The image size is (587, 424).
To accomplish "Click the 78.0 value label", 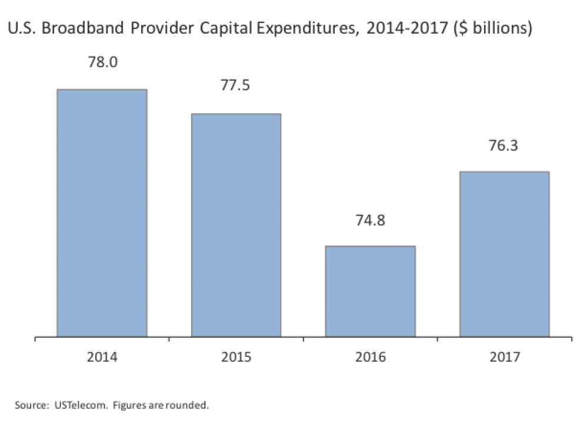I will pyautogui.click(x=102, y=62).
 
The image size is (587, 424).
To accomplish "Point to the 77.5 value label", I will pyautogui.click(x=236, y=86).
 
